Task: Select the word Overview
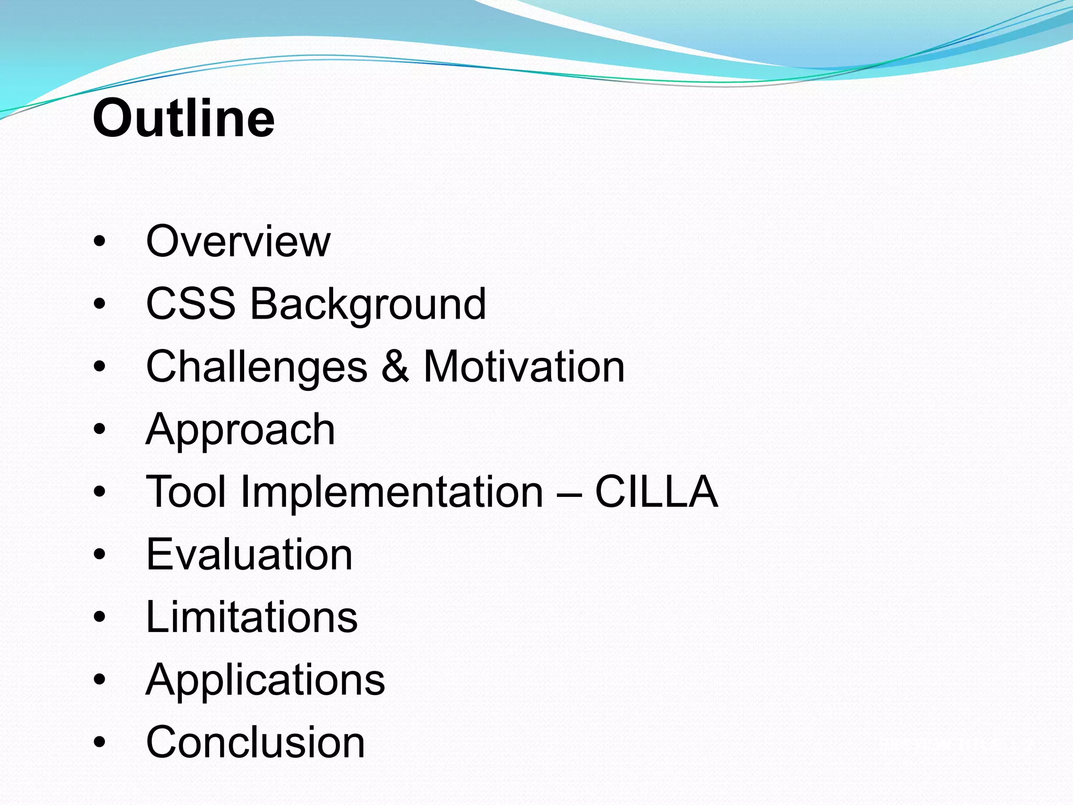click(238, 241)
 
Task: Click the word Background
click(368, 305)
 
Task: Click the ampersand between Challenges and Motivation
click(395, 366)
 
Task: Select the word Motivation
click(524, 366)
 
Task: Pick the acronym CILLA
click(656, 492)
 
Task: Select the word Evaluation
click(249, 554)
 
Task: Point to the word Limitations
click(251, 617)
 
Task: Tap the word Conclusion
click(255, 742)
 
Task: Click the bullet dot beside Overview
click(100, 242)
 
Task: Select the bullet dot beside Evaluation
click(100, 555)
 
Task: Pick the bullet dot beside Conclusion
click(100, 743)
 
